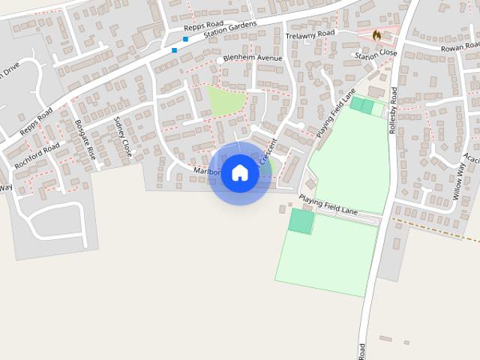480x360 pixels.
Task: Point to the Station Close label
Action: [x=376, y=55]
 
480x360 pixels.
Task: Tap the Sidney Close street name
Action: [x=122, y=136]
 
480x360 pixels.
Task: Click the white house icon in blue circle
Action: [x=239, y=172]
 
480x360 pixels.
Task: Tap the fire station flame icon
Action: [x=376, y=34]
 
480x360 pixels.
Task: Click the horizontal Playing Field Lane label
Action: [x=328, y=204]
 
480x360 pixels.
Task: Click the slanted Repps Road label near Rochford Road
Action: [x=36, y=121]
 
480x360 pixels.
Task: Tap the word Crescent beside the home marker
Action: [x=268, y=152]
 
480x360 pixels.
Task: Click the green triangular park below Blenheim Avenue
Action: [x=224, y=101]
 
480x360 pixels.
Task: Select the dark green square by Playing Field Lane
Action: [x=301, y=221]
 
